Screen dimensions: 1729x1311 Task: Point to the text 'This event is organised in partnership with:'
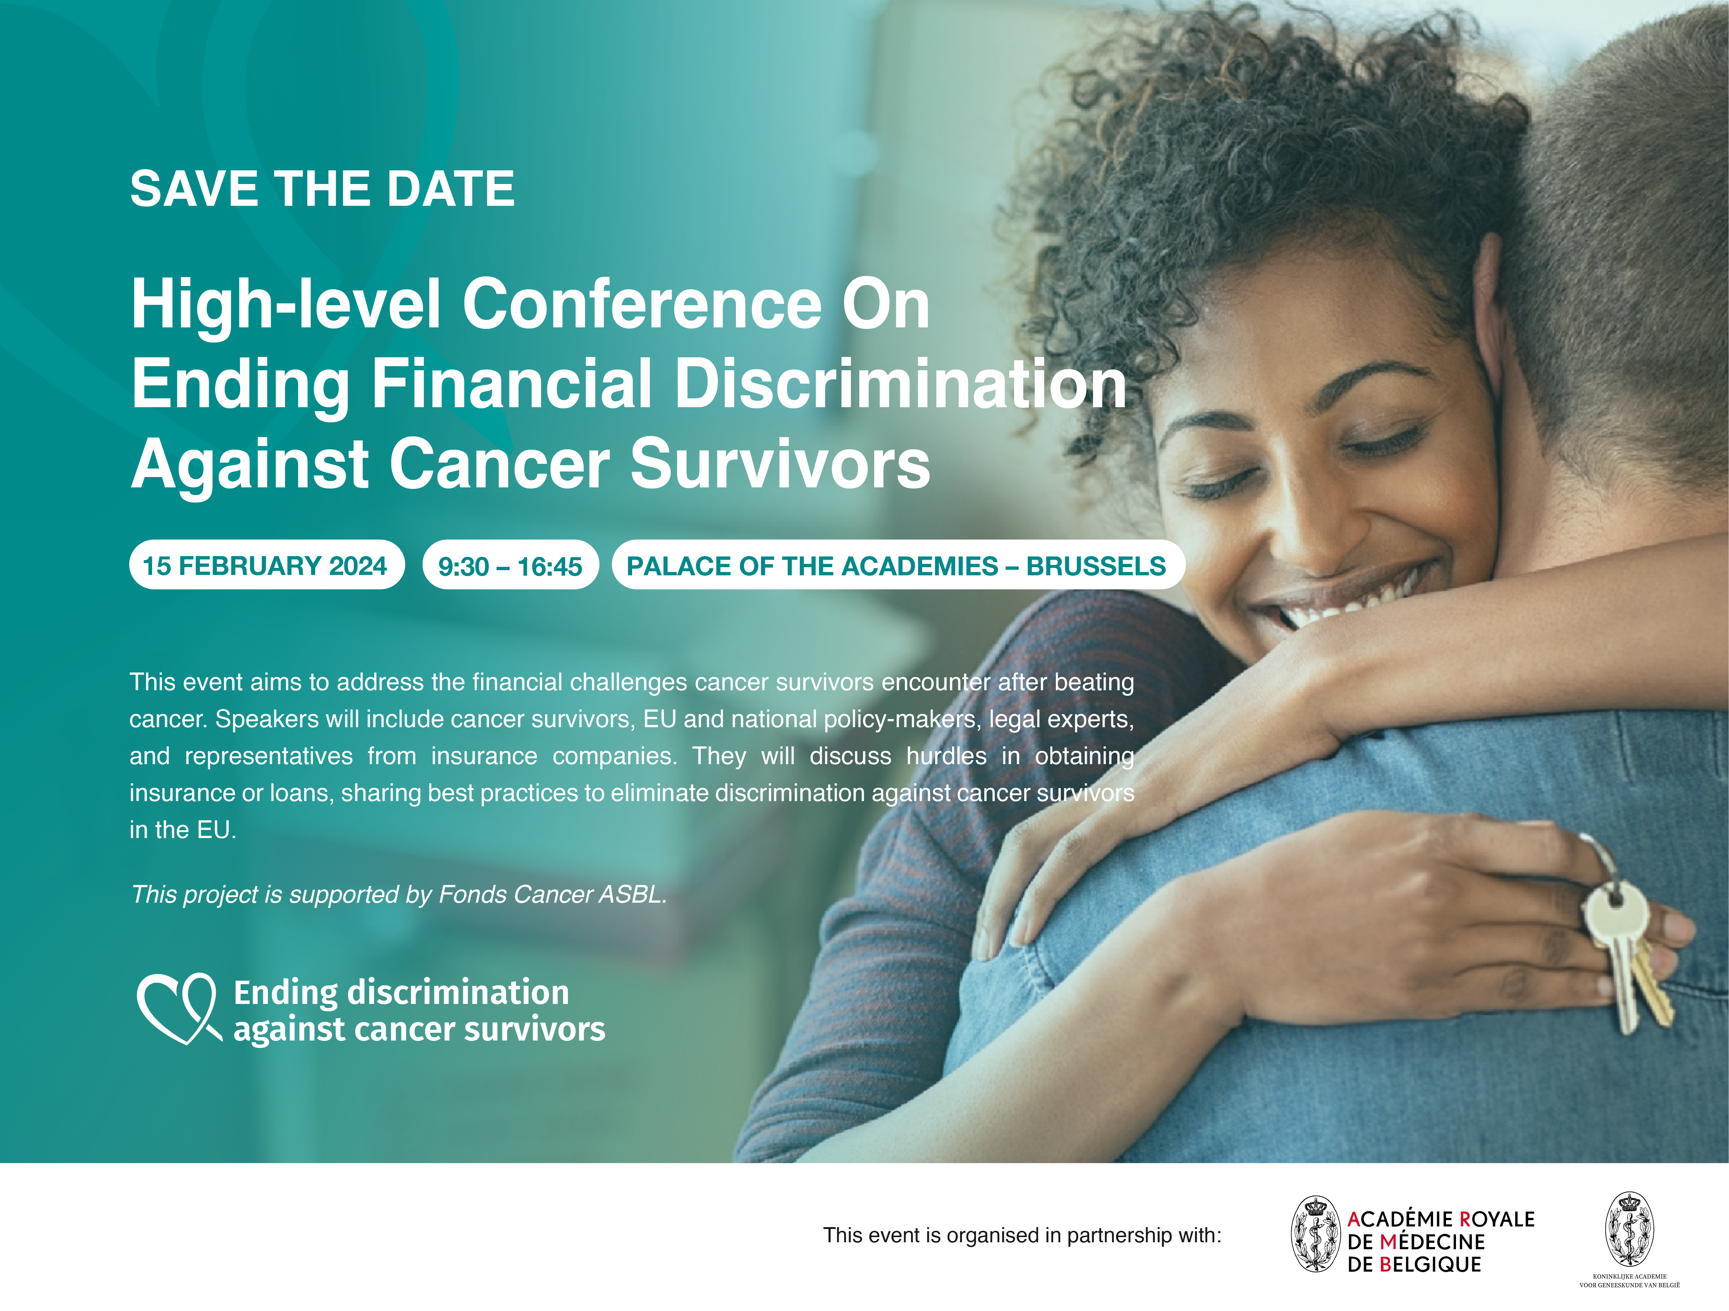click(x=1022, y=1235)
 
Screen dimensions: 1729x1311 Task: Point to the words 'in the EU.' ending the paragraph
click(x=183, y=830)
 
